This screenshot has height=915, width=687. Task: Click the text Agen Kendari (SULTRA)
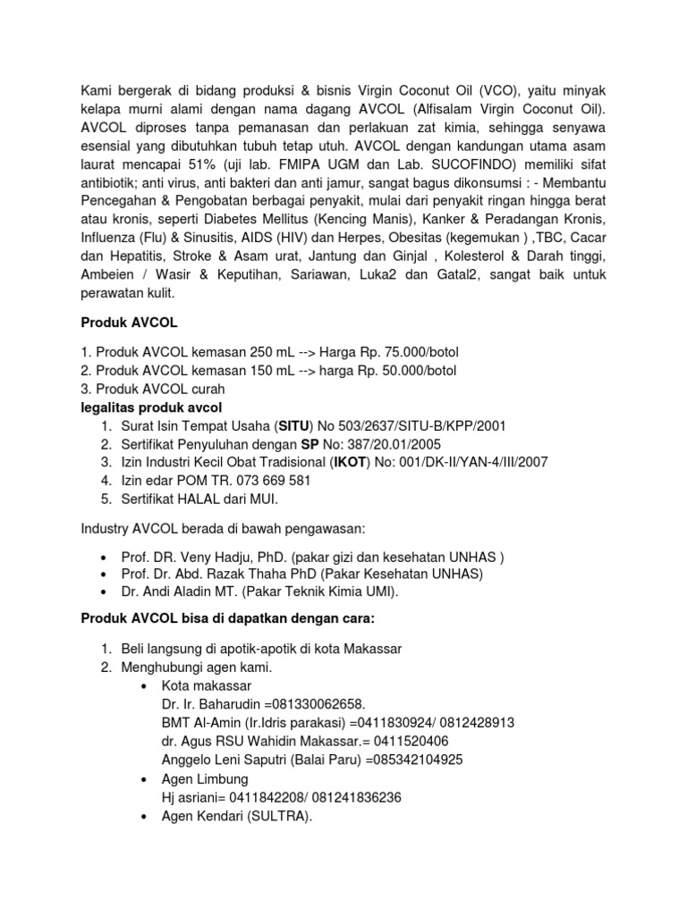tap(236, 816)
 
